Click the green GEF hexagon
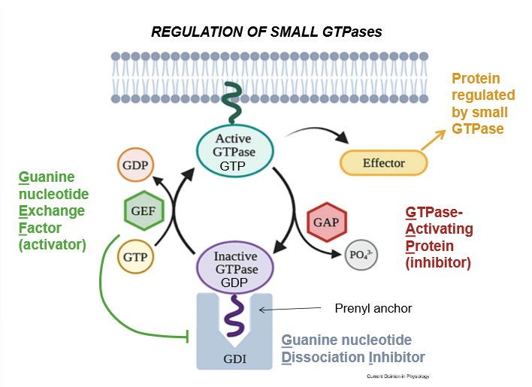(143, 210)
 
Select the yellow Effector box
(383, 163)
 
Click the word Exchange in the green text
(52, 211)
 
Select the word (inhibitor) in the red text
(438, 263)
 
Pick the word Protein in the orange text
(476, 79)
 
